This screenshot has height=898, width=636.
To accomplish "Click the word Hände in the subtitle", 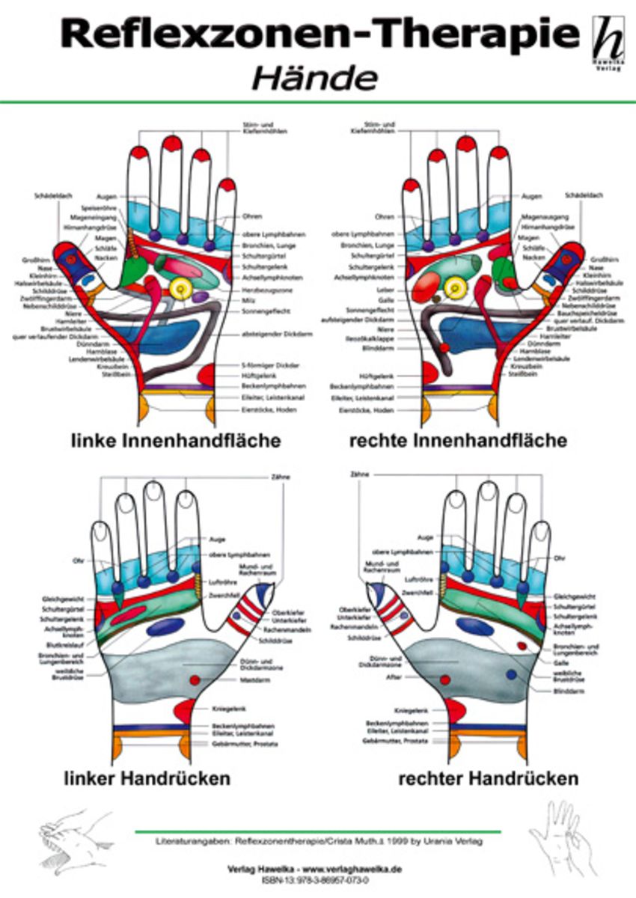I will pyautogui.click(x=314, y=77).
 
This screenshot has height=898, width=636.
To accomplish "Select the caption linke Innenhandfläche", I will pyautogui.click(x=176, y=441).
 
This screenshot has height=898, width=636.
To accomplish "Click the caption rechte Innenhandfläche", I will pyautogui.click(x=458, y=441).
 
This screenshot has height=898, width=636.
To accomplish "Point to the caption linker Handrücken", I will pyautogui.click(x=147, y=778).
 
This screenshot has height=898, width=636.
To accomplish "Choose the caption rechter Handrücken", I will pyautogui.click(x=488, y=778).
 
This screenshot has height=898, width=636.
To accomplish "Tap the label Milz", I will pyautogui.click(x=248, y=300).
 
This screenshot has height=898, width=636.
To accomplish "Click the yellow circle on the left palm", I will pyautogui.click(x=180, y=287).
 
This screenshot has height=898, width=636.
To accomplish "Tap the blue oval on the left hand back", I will pyautogui.click(x=165, y=627).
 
